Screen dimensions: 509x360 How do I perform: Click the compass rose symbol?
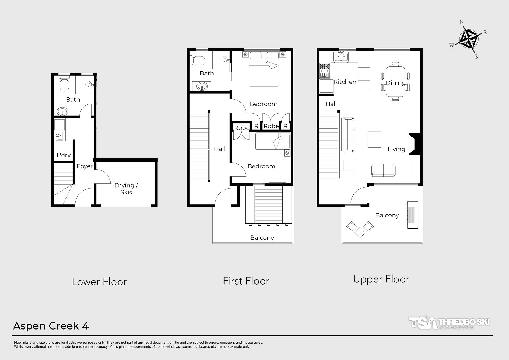click(x=469, y=39)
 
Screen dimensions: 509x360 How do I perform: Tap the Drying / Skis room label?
click(x=126, y=189)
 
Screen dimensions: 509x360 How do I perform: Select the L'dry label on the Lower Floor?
click(x=64, y=155)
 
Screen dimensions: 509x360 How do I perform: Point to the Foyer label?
click(x=85, y=166)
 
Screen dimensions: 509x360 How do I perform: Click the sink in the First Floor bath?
click(x=202, y=86)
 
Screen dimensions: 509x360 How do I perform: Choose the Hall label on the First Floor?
click(x=220, y=149)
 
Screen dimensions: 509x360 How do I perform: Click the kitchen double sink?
click(x=341, y=57)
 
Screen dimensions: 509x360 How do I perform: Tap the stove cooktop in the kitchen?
click(x=325, y=71)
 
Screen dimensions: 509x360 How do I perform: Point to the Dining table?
click(x=396, y=82)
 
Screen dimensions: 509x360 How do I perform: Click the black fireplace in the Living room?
click(x=415, y=144)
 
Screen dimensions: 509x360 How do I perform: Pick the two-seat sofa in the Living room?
click(x=383, y=170)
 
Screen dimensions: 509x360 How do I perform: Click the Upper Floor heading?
click(x=381, y=279)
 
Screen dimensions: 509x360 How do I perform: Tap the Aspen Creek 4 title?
click(x=51, y=326)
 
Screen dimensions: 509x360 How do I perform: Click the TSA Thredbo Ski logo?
click(x=449, y=322)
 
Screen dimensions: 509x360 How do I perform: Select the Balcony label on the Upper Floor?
click(x=387, y=215)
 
